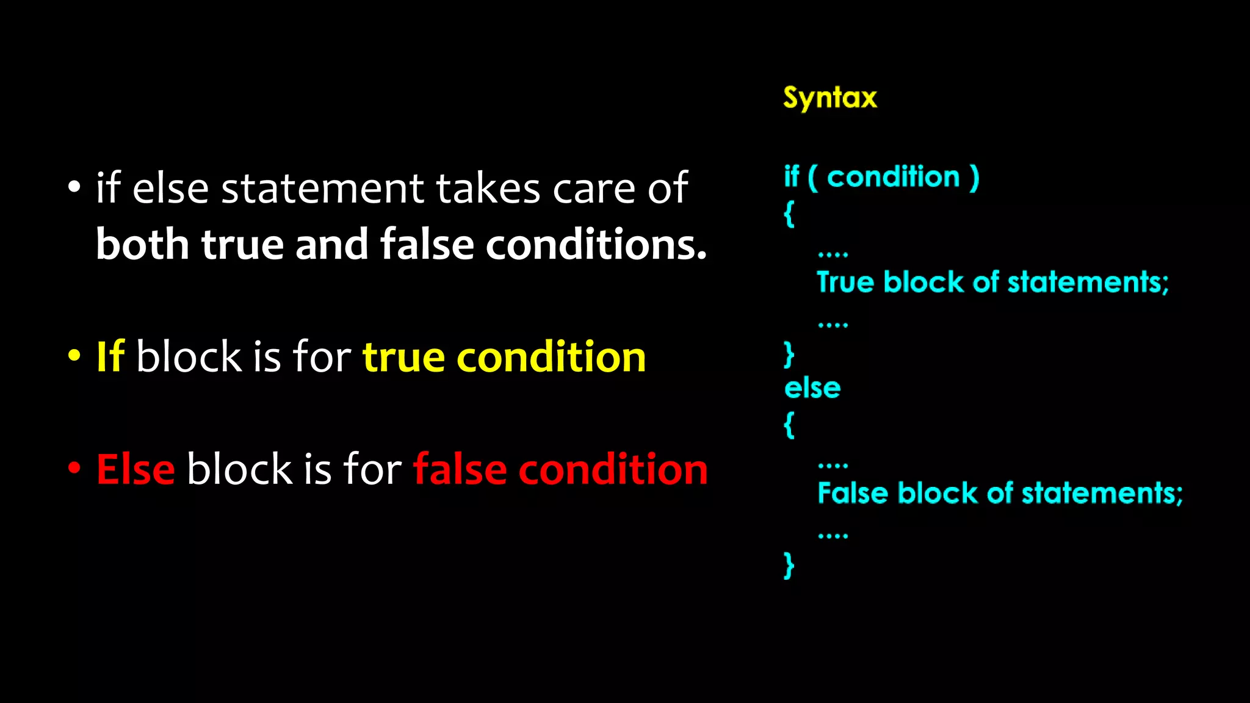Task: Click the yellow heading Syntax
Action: point(829,98)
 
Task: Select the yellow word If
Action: point(110,356)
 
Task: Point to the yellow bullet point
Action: point(74,356)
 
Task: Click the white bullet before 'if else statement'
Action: point(74,188)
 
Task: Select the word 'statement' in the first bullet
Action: point(322,188)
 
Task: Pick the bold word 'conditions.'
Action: point(596,244)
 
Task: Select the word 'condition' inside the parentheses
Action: point(893,177)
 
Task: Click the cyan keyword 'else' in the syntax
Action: point(812,388)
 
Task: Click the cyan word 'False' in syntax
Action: point(852,493)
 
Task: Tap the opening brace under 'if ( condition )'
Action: point(789,214)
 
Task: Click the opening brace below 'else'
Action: point(789,425)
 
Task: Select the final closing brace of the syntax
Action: point(789,564)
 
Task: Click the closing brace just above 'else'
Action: point(789,354)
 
